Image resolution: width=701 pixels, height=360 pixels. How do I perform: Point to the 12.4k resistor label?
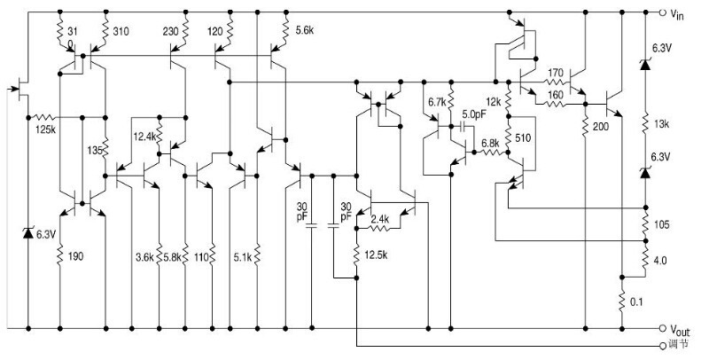click(145, 137)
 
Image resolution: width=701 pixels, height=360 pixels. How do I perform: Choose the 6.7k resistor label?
click(436, 102)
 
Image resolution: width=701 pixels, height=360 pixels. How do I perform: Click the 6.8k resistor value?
click(489, 143)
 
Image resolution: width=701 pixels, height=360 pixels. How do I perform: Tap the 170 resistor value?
click(556, 73)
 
